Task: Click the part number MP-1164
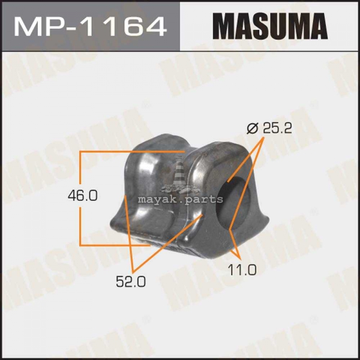pyautogui.click(x=90, y=26)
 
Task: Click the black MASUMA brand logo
pyautogui.click(x=270, y=26)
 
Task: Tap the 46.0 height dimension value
pyautogui.click(x=83, y=196)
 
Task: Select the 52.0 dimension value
pyautogui.click(x=131, y=281)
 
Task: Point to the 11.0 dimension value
pyautogui.click(x=242, y=269)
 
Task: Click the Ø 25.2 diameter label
pyautogui.click(x=269, y=128)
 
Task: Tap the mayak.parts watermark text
pyautogui.click(x=180, y=199)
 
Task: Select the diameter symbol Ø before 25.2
pyautogui.click(x=253, y=128)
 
